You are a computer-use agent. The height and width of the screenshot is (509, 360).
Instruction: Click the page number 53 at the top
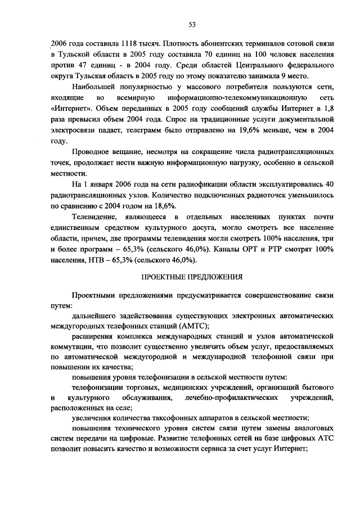(192, 24)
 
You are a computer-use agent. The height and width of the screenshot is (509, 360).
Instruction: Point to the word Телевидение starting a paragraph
(94, 217)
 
